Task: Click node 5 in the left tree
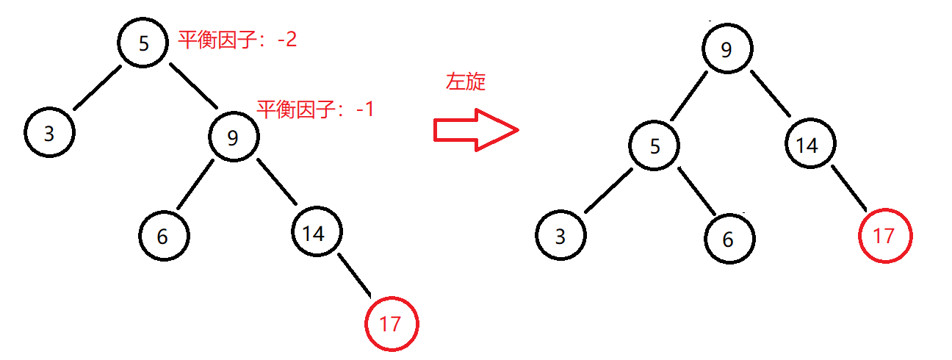coord(145,43)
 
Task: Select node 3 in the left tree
coord(49,134)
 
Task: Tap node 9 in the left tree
coord(234,137)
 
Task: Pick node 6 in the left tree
coord(163,236)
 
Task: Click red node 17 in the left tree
coord(391,324)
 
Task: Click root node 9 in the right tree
coord(726,50)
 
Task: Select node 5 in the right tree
coord(654,145)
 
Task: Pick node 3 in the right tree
coord(560,237)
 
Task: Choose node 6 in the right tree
coord(728,240)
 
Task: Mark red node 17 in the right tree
coord(884,236)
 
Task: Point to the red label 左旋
coord(466,82)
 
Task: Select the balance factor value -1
coord(364,109)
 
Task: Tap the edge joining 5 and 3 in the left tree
coord(96,89)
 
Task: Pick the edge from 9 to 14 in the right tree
coord(770,93)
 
